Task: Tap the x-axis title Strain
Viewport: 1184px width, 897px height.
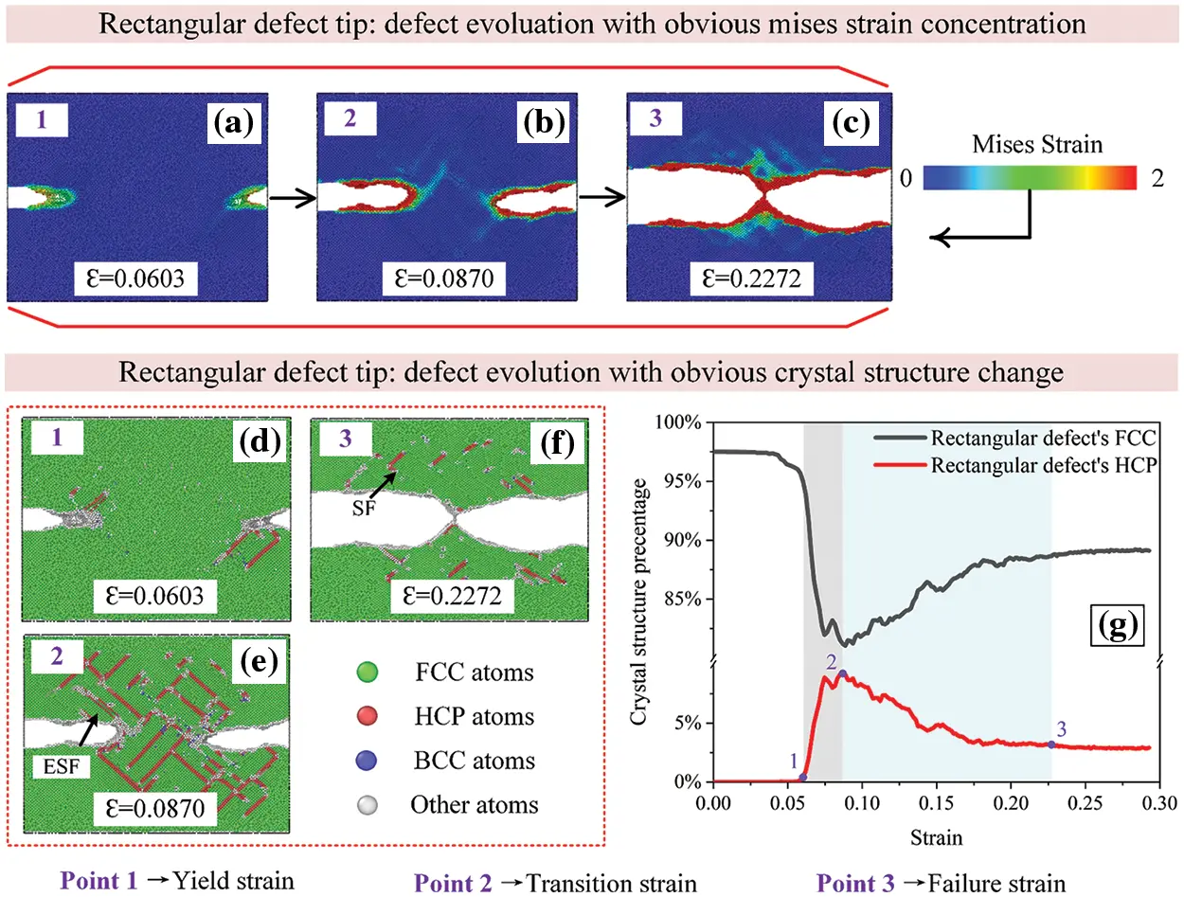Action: coord(932,837)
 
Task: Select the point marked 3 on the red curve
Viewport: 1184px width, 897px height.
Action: coord(1051,745)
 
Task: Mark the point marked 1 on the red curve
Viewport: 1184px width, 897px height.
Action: coord(803,777)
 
